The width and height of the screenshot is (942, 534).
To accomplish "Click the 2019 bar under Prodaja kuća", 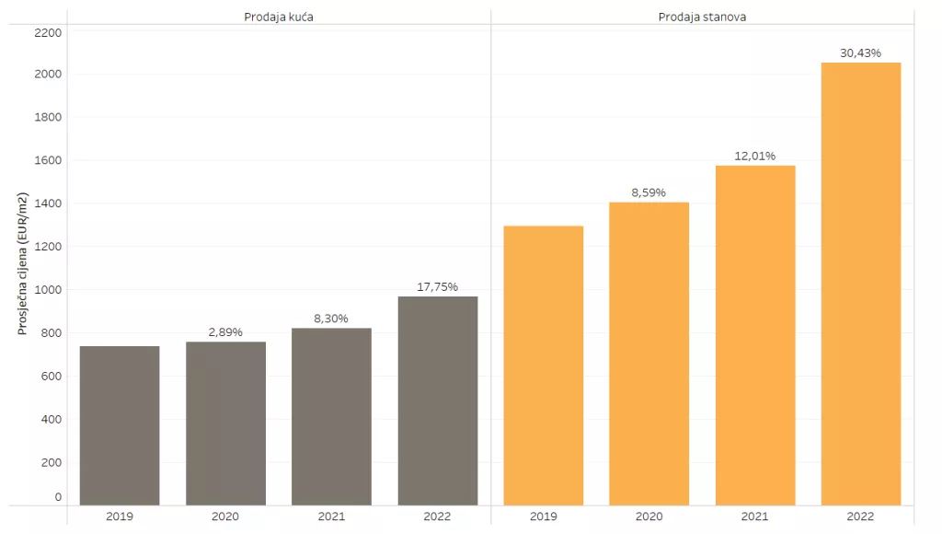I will tap(120, 425).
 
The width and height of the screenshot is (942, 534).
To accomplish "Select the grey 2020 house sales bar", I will tap(225, 424).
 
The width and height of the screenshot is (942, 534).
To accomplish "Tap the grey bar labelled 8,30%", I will tap(331, 416).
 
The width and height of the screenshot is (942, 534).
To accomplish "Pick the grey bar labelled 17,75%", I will tap(438, 400).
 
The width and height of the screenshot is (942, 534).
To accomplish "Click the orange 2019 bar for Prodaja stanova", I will tap(544, 366).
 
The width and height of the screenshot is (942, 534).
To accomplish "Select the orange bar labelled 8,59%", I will tap(649, 354).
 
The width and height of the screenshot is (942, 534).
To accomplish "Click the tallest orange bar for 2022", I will tap(861, 284).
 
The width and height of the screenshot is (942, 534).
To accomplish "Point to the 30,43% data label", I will tap(861, 53).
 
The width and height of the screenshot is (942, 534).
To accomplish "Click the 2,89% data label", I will tap(225, 331).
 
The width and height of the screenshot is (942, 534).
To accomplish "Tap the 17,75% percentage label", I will tap(438, 286).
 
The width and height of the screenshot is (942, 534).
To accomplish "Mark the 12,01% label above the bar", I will tap(755, 156).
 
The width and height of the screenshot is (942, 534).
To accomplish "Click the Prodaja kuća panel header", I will tap(279, 17).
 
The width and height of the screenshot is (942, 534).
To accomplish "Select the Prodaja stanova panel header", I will tap(702, 17).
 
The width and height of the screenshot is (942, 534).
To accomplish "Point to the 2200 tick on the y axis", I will tap(48, 32).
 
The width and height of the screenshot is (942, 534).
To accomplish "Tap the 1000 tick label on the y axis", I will tap(48, 290).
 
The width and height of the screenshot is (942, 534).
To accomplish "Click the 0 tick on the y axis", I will tap(58, 497).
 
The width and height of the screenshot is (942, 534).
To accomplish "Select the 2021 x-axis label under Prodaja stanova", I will tap(755, 516).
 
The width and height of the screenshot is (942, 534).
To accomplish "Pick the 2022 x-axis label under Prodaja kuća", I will tap(438, 516).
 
